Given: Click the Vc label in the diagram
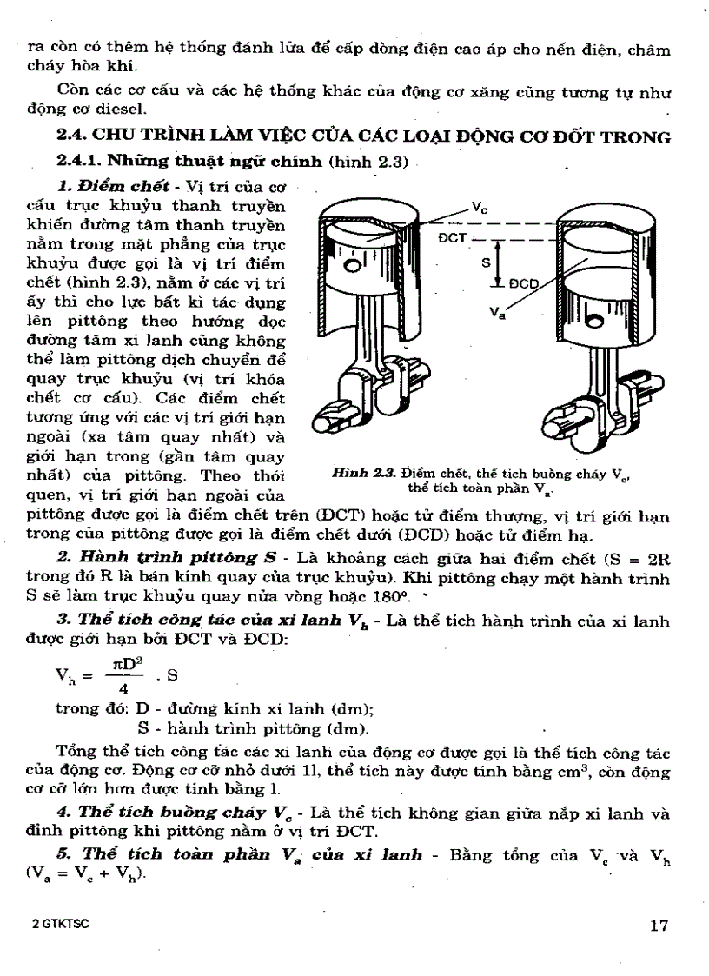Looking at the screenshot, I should pos(478,208).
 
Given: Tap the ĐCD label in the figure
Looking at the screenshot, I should pos(523,283).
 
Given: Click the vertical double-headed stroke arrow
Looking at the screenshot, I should pos(500,262).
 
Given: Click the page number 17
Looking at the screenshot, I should pos(659,926).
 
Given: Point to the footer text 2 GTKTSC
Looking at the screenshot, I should pos(56,925).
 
